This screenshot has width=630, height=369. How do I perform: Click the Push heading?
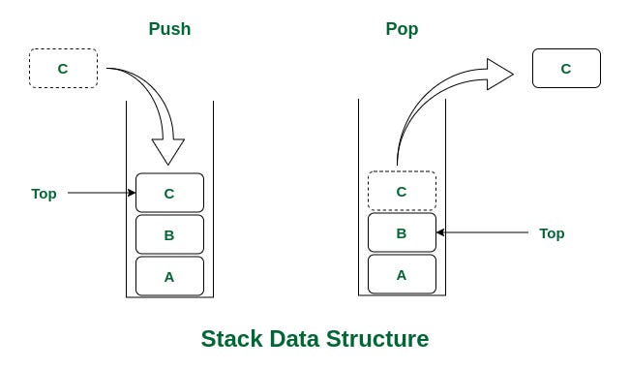click(169, 29)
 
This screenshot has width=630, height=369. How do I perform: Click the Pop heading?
click(402, 29)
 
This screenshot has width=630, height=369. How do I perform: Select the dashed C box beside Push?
click(63, 69)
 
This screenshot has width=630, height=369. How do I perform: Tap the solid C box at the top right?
click(566, 69)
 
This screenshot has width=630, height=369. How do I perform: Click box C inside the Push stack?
click(169, 193)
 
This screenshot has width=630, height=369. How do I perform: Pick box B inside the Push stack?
click(169, 234)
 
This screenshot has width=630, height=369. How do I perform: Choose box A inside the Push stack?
click(169, 276)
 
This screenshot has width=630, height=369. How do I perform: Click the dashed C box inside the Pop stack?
click(402, 192)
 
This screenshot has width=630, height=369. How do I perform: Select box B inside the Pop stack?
click(402, 233)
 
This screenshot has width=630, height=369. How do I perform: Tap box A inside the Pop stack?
click(402, 275)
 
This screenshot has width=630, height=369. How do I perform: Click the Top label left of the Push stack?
click(44, 194)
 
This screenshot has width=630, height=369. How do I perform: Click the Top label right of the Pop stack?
click(552, 233)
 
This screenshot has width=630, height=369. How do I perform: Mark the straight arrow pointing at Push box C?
click(102, 193)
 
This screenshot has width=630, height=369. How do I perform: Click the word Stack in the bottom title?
click(231, 340)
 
